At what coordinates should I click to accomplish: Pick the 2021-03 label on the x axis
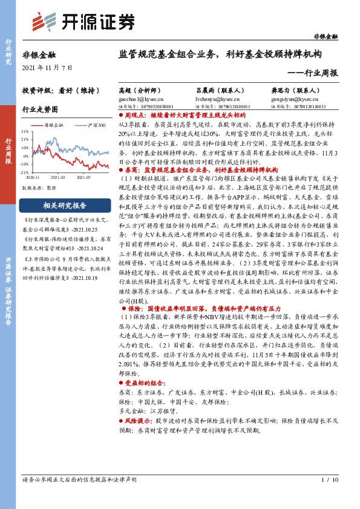tap(58, 177)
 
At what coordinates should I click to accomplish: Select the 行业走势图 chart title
tap(40, 109)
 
